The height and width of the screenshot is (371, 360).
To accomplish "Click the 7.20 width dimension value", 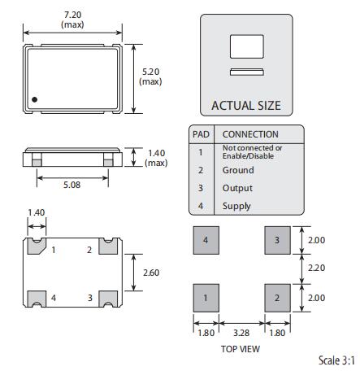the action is (x=72, y=15).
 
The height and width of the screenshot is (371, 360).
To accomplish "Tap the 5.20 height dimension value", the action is (x=151, y=72).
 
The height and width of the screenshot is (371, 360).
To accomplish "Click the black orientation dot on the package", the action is (x=34, y=99).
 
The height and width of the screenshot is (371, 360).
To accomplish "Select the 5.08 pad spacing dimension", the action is (x=72, y=185).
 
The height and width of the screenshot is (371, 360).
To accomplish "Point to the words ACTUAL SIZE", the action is (x=246, y=106).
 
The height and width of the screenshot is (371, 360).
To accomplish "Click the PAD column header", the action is (x=201, y=134).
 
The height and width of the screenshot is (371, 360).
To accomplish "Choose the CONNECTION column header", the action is (x=250, y=134).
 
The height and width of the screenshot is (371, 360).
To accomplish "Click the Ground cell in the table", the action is (x=238, y=170).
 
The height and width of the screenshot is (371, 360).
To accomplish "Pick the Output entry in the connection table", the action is (x=237, y=188).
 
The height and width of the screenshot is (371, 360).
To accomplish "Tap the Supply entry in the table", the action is (x=236, y=206).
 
